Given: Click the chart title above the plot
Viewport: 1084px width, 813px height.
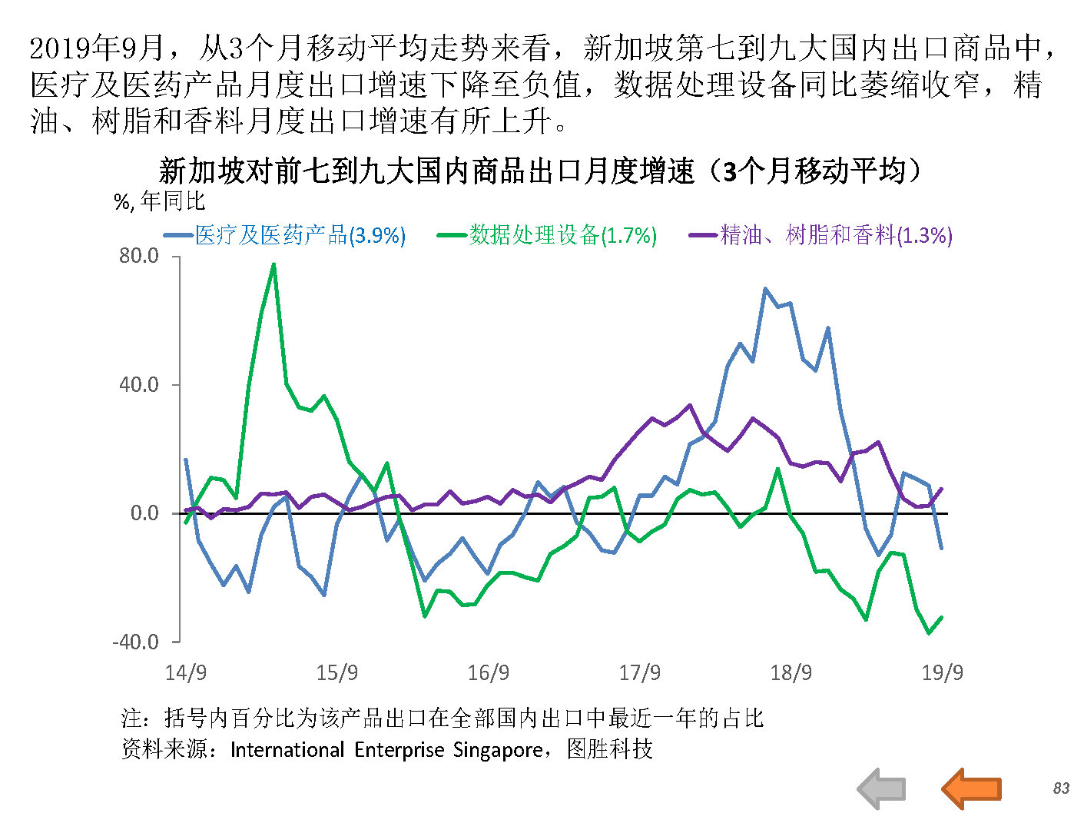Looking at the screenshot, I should [539, 171].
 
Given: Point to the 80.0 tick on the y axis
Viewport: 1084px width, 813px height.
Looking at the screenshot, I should [139, 256].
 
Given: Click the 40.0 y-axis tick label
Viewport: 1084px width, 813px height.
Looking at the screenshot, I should [139, 384].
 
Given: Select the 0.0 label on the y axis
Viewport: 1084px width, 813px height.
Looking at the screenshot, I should [144, 513].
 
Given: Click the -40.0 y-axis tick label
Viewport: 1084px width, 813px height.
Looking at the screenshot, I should [136, 642].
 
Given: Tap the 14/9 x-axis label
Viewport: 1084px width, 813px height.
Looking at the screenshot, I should [186, 673].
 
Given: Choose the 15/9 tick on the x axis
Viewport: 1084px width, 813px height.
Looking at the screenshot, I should [337, 673].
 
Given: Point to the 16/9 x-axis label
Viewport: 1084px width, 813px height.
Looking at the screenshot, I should [489, 673].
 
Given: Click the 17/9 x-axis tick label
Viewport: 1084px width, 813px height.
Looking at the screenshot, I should [640, 673].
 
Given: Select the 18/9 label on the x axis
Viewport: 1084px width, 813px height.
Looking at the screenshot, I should [791, 673].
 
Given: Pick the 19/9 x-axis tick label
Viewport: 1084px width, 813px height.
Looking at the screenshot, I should [943, 673].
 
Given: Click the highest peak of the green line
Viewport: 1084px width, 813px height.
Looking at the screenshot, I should [274, 265].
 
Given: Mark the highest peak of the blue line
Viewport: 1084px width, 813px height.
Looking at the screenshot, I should [765, 289].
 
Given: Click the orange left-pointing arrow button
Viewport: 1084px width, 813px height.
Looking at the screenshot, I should [971, 788].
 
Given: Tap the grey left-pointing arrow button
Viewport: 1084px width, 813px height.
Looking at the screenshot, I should [882, 788].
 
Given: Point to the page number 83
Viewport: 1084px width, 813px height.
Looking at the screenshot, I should [1061, 788].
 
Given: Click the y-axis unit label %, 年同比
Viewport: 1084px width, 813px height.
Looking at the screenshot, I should [160, 201].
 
